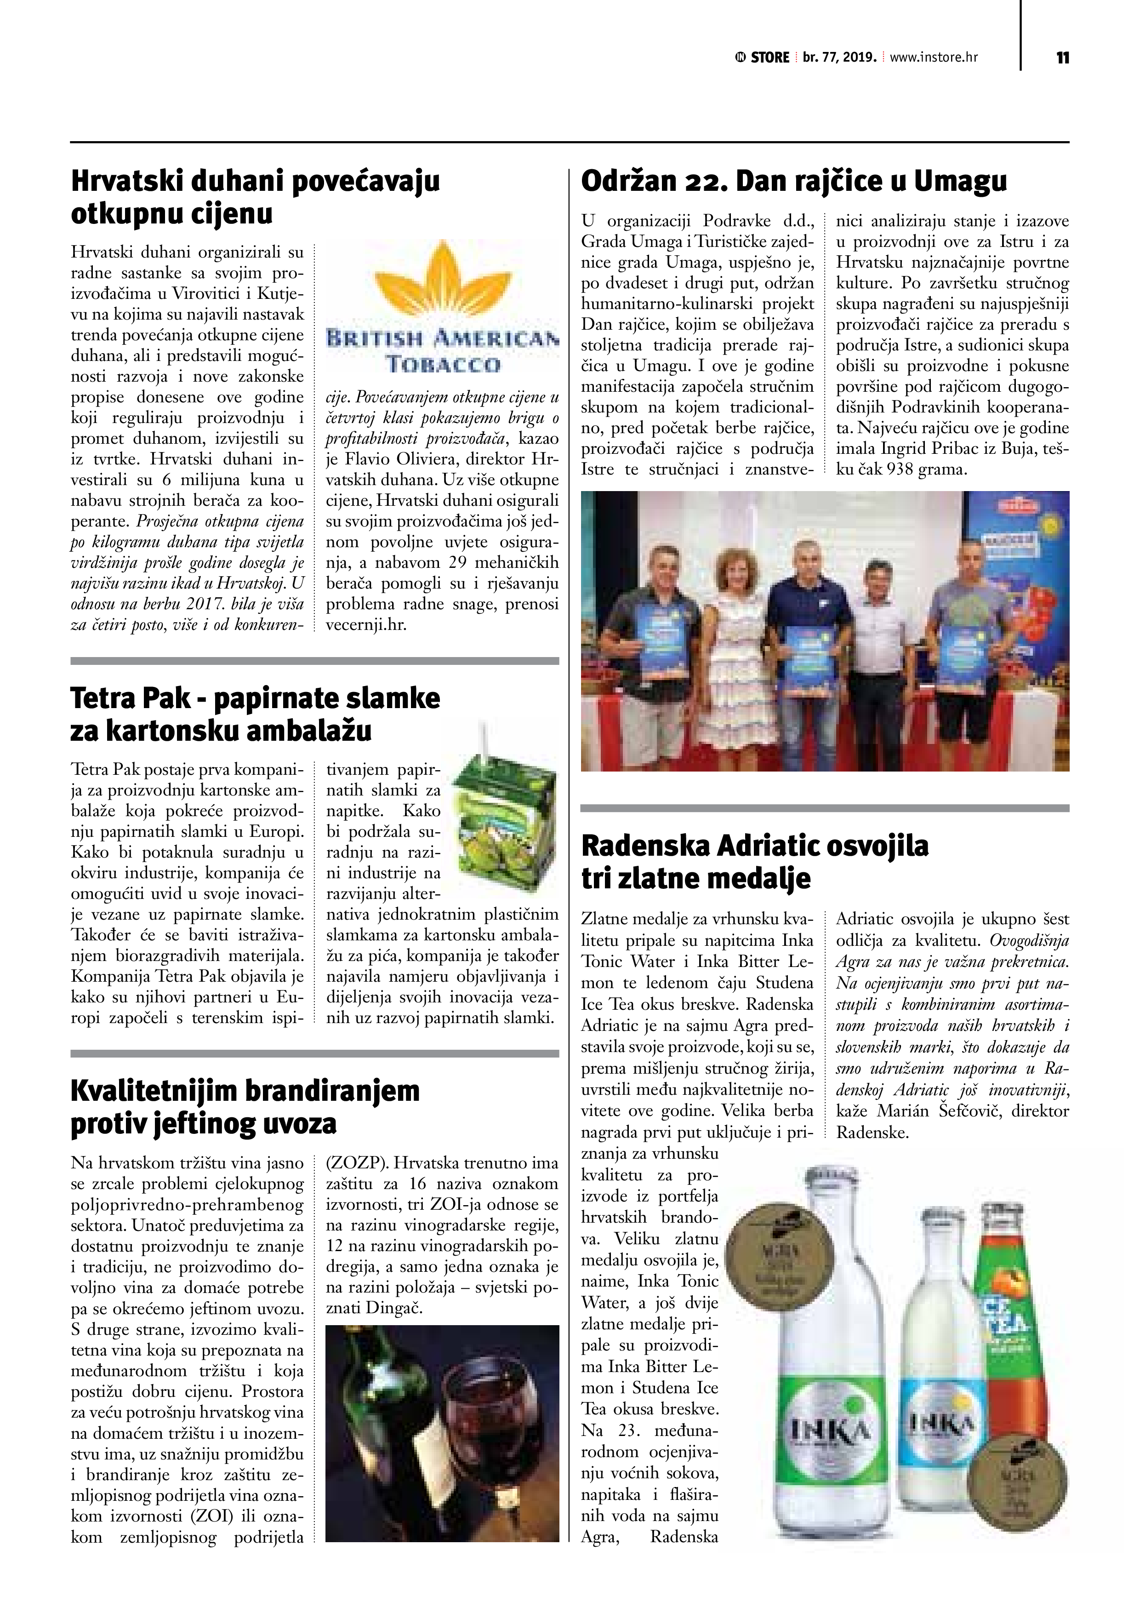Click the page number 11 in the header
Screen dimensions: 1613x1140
coord(1062,57)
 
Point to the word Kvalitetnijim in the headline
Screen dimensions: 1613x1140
coord(154,1091)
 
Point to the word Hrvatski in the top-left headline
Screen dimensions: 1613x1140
coord(122,181)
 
